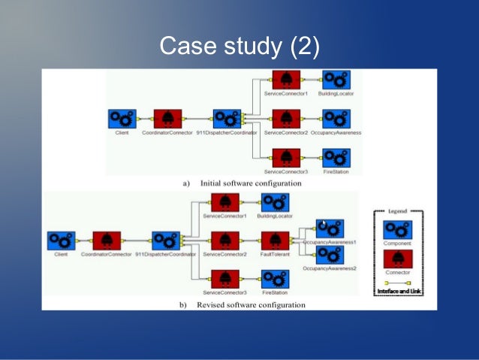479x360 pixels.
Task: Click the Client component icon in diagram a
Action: [x=122, y=118]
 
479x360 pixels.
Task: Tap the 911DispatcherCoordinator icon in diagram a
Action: [x=226, y=118]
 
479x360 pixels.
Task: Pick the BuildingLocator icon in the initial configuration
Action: [x=336, y=79]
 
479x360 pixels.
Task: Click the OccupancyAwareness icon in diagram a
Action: [x=336, y=118]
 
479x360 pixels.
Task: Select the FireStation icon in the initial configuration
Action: [x=336, y=156]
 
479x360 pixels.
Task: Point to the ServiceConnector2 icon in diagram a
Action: [x=286, y=118]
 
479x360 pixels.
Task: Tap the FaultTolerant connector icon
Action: [x=275, y=241]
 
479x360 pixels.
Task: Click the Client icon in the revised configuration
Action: [x=62, y=241]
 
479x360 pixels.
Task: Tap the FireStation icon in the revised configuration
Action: [x=275, y=279]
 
